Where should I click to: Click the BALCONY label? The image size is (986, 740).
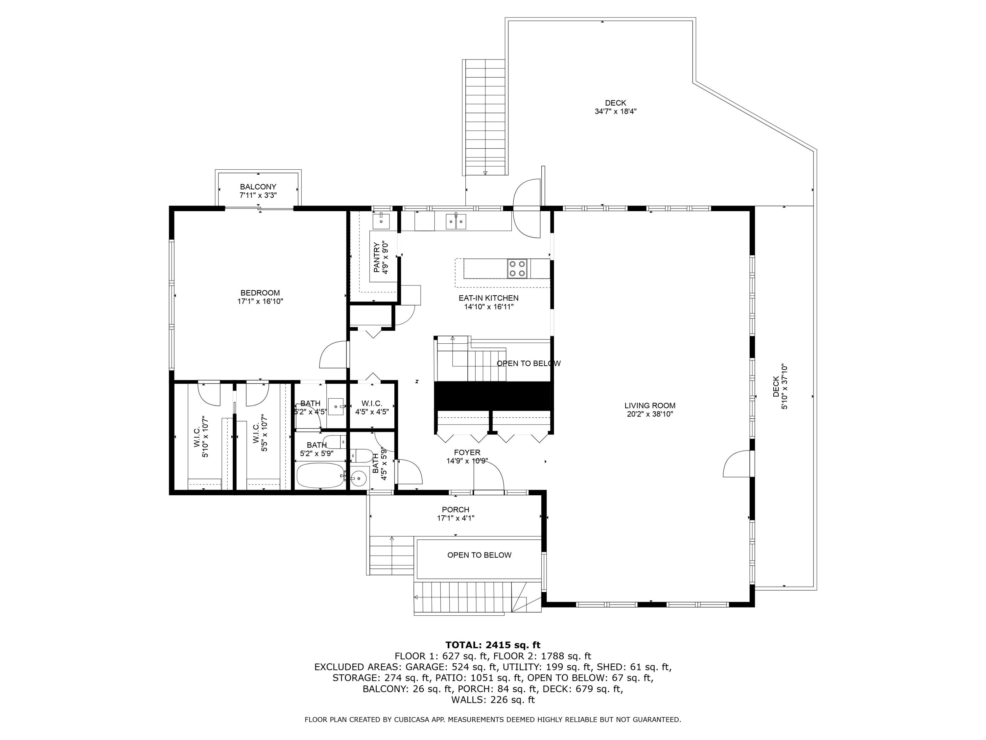(x=258, y=186)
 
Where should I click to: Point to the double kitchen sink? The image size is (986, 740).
(x=456, y=221)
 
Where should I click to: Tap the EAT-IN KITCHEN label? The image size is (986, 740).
(x=488, y=298)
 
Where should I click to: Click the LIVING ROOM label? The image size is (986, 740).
(x=649, y=406)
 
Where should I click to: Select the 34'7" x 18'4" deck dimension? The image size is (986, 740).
(x=615, y=111)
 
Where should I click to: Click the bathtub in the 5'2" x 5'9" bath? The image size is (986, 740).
(x=320, y=476)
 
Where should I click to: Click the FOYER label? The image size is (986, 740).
(x=467, y=452)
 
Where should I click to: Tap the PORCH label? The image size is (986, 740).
(x=455, y=509)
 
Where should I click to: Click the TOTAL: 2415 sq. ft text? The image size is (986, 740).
(x=493, y=645)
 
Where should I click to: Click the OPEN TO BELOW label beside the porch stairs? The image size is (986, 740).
(x=479, y=555)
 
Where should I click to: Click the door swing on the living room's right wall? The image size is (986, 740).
(x=737, y=464)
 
